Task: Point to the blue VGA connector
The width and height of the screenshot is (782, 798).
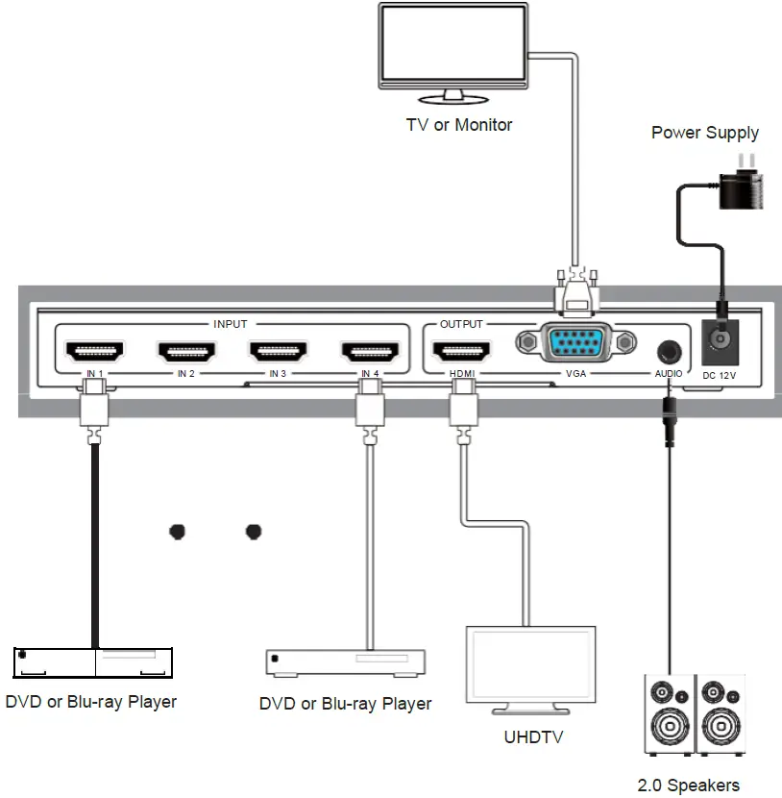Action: [x=575, y=342]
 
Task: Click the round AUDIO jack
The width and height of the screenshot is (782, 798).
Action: [x=669, y=350]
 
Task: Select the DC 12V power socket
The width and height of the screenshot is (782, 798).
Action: [x=719, y=339]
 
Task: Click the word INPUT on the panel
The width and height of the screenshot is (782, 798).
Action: [x=230, y=324]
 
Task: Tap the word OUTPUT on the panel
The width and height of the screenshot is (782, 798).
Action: [x=461, y=324]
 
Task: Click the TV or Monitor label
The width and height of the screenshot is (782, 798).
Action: [x=460, y=124]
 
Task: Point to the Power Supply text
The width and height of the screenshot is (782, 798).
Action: [x=704, y=133]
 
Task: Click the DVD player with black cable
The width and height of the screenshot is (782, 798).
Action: [x=93, y=662]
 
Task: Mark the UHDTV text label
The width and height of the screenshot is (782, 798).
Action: [x=533, y=737]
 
